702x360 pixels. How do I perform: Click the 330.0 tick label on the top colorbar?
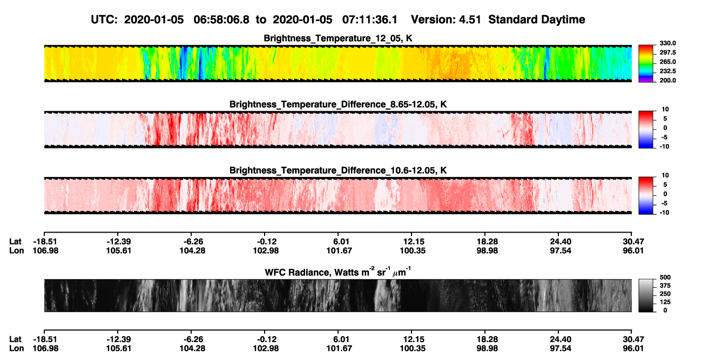pos(667,43)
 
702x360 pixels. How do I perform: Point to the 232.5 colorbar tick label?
pos(667,71)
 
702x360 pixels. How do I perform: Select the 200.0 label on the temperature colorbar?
pos(667,80)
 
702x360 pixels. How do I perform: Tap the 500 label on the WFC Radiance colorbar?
pos(665,277)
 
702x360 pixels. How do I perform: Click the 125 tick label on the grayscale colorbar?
pos(665,302)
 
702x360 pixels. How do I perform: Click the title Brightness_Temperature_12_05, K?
pos(338,38)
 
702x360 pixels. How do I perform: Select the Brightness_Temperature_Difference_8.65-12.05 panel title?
pos(338,104)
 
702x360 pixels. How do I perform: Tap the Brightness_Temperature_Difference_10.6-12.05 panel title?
pos(338,171)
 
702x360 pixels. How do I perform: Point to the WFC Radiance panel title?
pos(338,272)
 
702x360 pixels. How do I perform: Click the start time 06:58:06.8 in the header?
pos(221,20)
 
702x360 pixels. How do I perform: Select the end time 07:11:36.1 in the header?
pos(370,20)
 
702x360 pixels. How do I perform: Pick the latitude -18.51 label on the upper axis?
pos(45,242)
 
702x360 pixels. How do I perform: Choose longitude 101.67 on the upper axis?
pos(339,250)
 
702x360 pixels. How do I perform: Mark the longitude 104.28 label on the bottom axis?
pos(192,349)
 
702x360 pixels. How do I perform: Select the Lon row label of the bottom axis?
pos(17,349)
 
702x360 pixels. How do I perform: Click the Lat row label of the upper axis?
pos(15,242)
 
